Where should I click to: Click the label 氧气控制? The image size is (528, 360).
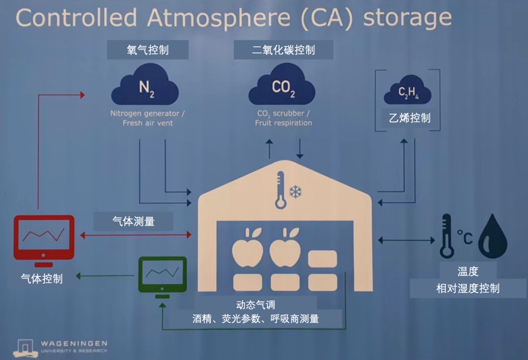pyautogui.click(x=148, y=50)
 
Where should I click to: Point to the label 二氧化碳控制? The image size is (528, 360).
pyautogui.click(x=284, y=50)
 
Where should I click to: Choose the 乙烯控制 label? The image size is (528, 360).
pyautogui.click(x=410, y=118)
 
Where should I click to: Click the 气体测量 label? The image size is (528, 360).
pyautogui.click(x=133, y=221)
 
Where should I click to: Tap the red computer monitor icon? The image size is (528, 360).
pyautogui.click(x=44, y=238)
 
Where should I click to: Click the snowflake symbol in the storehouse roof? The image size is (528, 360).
pyautogui.click(x=295, y=191)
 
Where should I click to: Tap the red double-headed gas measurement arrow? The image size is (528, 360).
pyautogui.click(x=135, y=235)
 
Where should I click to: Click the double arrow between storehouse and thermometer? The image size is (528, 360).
pyautogui.click(x=406, y=240)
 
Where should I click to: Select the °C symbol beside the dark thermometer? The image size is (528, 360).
pyautogui.click(x=465, y=237)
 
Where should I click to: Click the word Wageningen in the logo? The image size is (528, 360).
pyautogui.click(x=74, y=344)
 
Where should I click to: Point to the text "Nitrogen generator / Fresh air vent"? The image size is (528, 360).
pyautogui.click(x=147, y=118)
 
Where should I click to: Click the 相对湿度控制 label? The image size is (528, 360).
pyautogui.click(x=468, y=288)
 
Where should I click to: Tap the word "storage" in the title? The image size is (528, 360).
pyautogui.click(x=407, y=18)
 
